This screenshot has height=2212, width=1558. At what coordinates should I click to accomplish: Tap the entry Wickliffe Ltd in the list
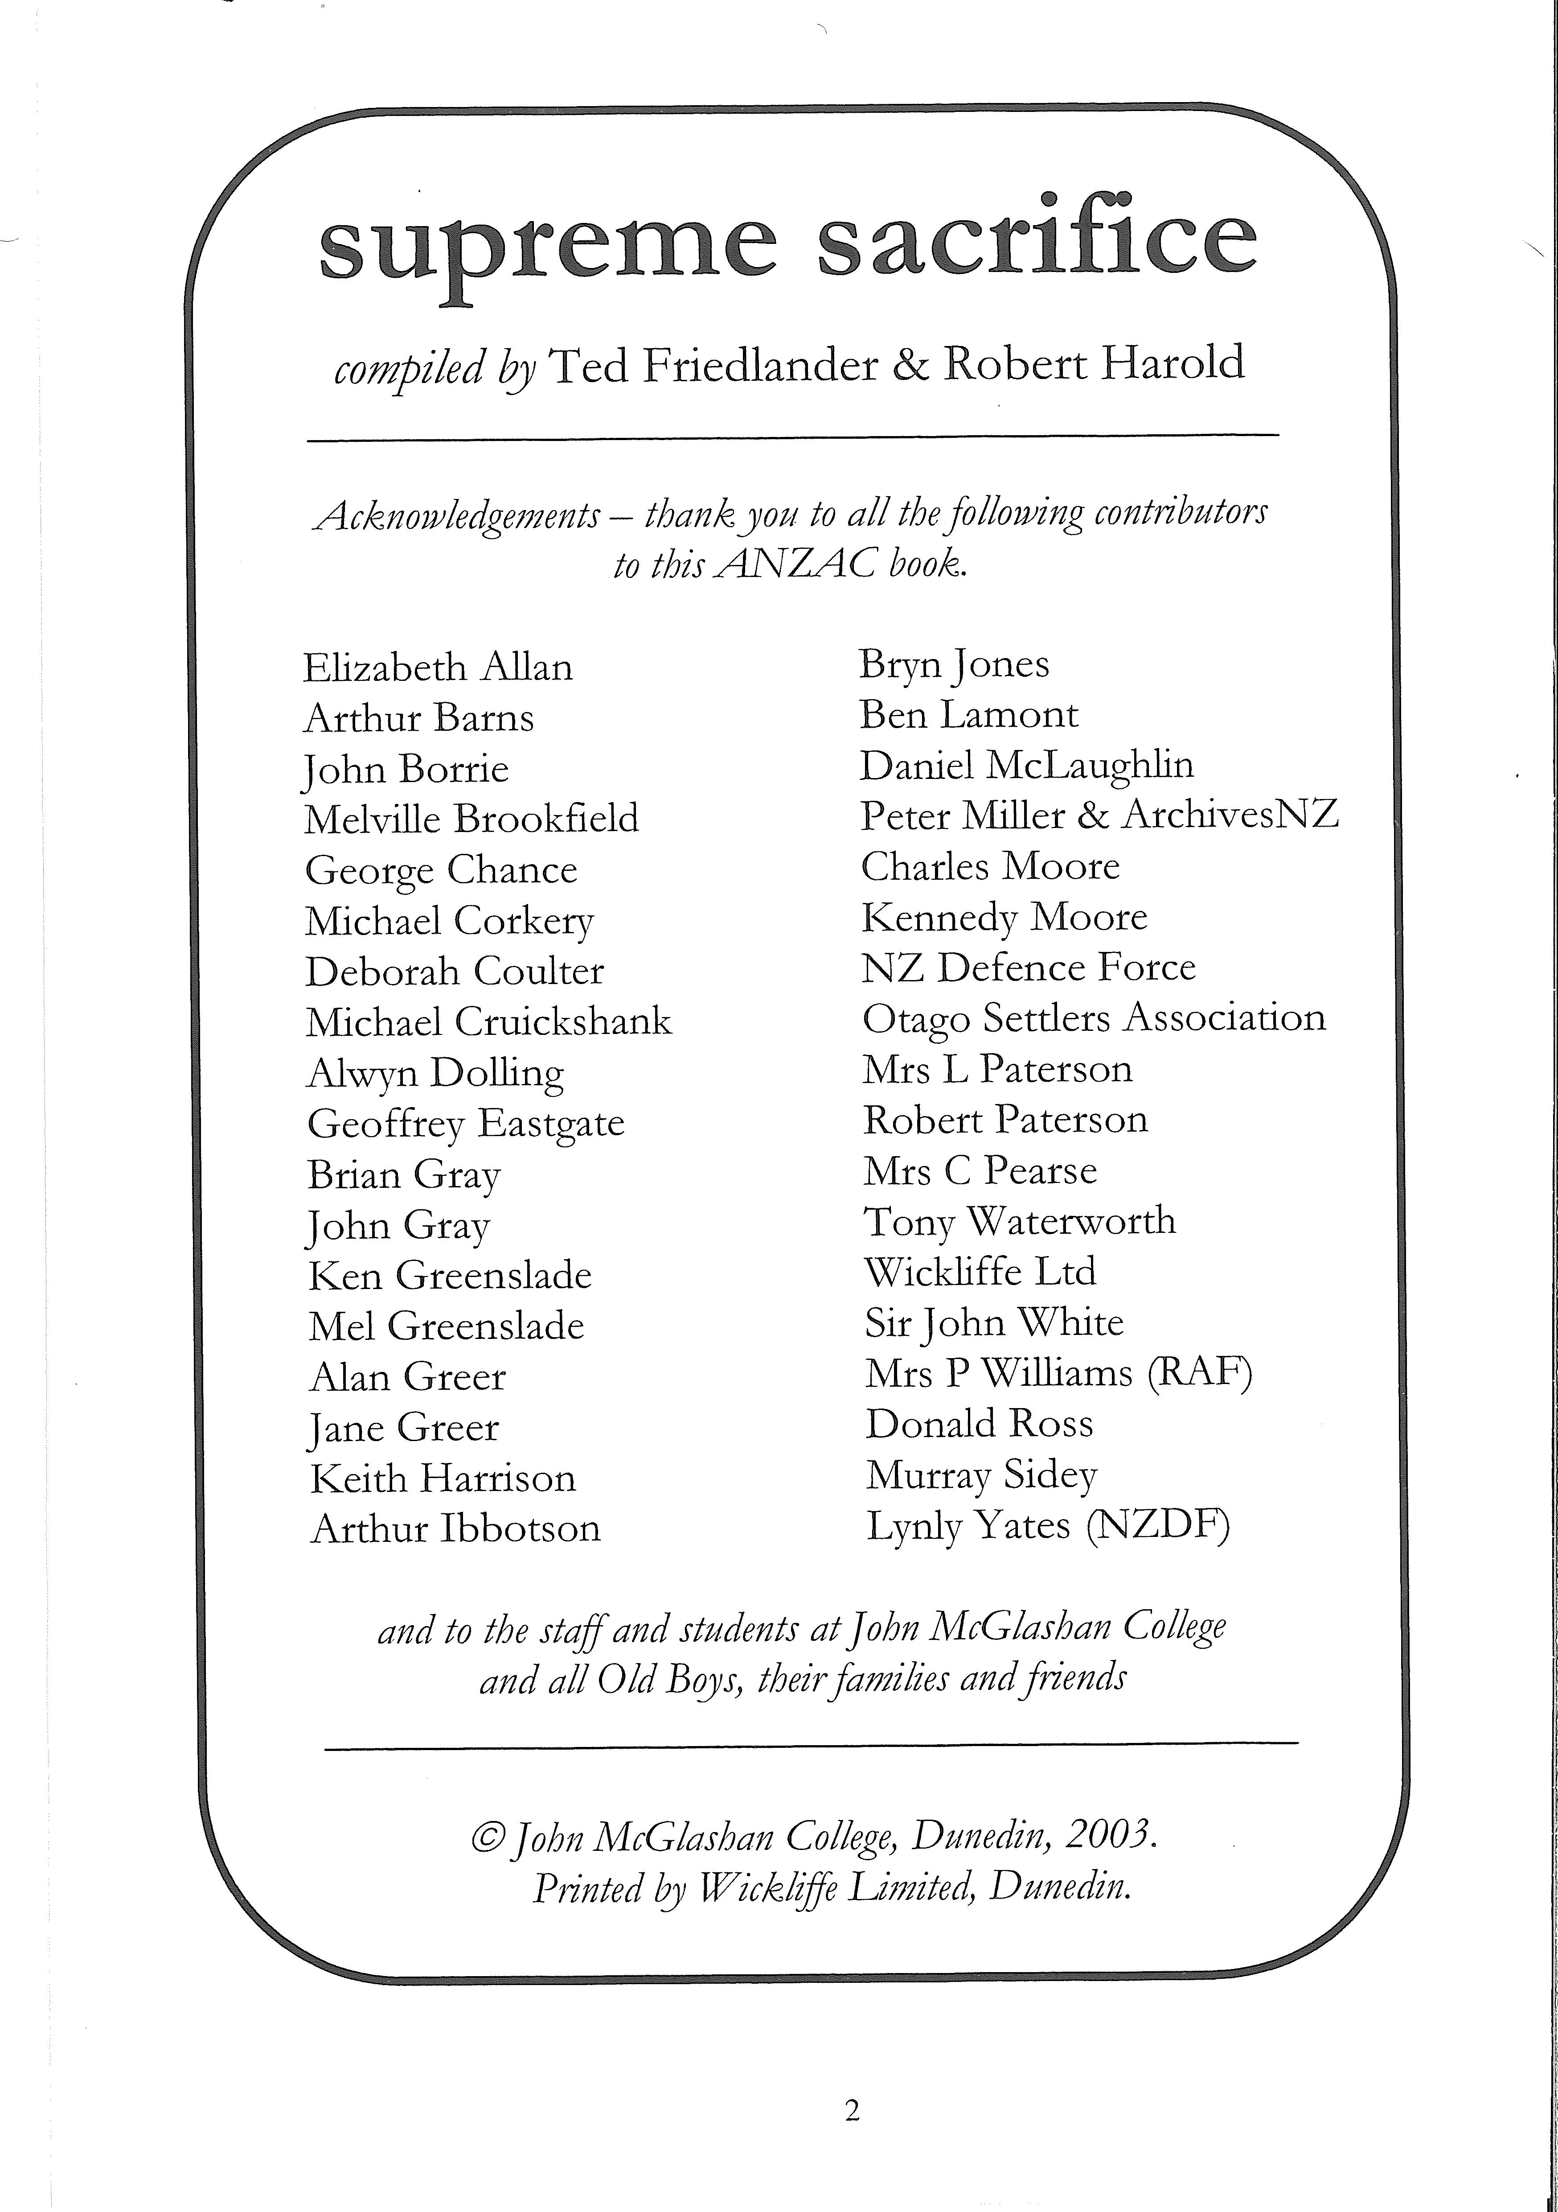(x=980, y=1272)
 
